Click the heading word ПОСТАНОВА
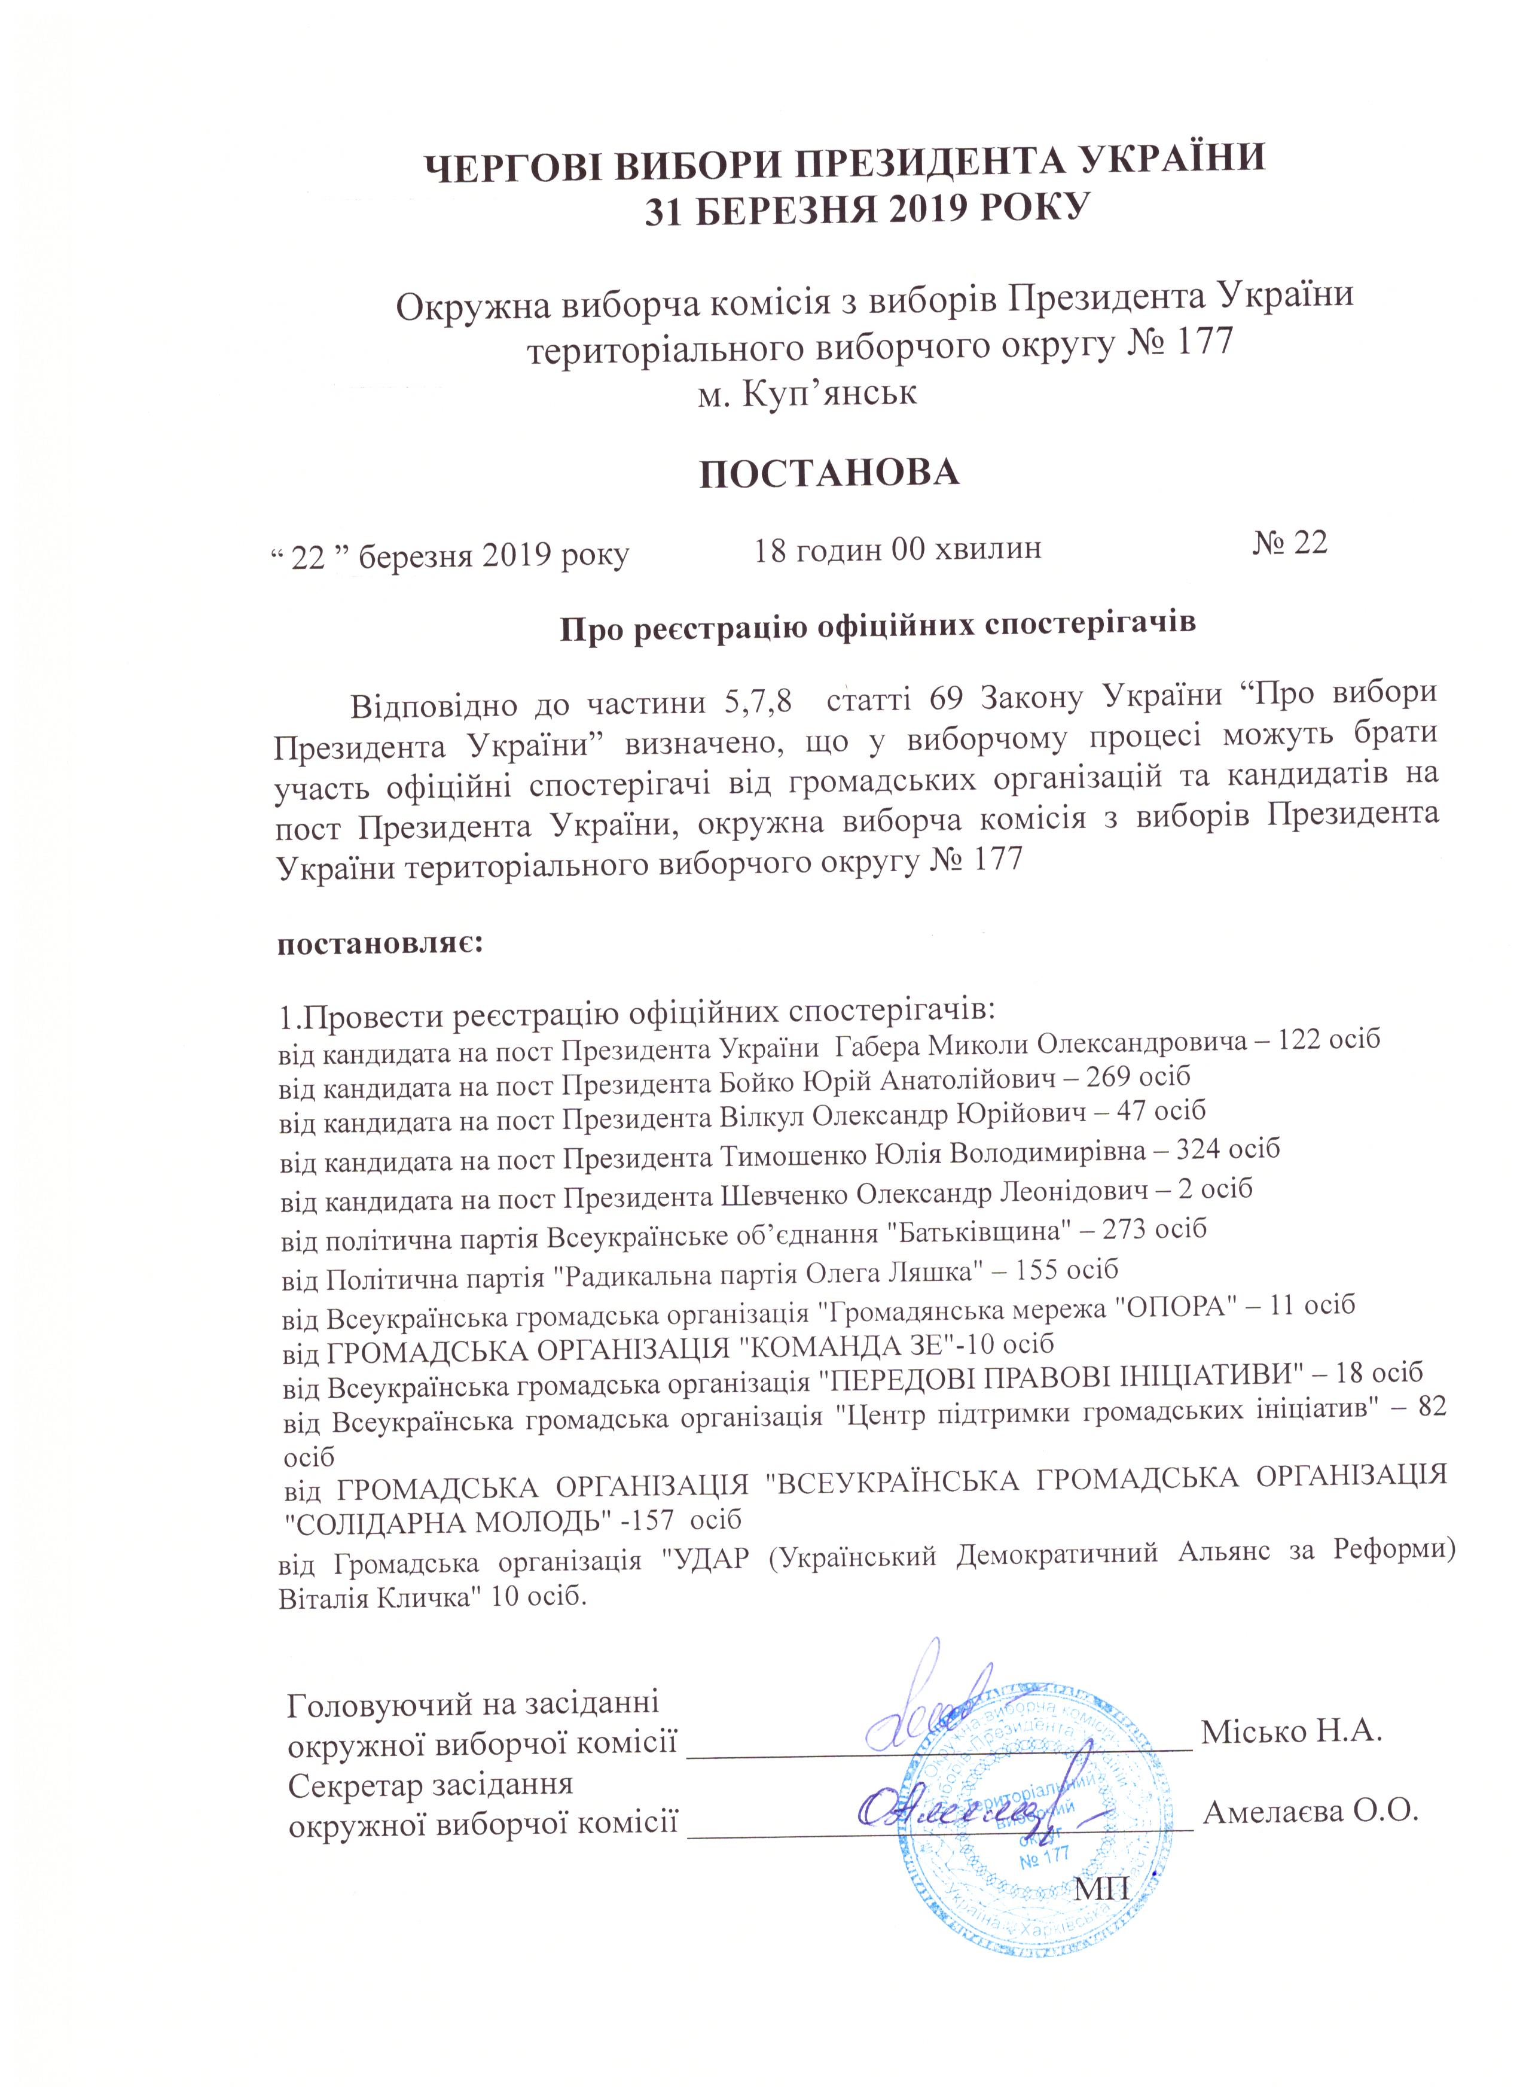point(828,471)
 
